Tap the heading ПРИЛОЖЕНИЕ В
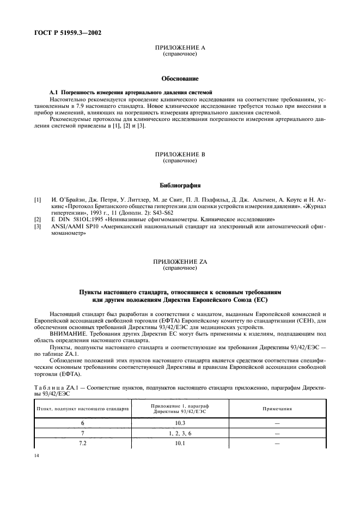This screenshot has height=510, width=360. (180, 155)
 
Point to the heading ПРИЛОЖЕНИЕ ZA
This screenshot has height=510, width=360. (180, 262)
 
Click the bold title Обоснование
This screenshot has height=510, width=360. (180, 79)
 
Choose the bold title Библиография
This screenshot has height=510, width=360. (180, 185)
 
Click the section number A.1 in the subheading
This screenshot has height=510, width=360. (54, 92)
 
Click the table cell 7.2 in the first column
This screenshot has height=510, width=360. (82, 444)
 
